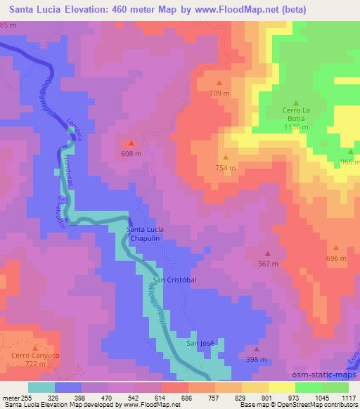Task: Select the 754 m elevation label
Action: tap(226, 168)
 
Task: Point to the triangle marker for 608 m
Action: tap(131, 143)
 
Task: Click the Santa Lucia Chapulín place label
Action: tap(146, 234)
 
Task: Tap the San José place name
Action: tap(200, 343)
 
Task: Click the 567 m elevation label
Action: tap(268, 264)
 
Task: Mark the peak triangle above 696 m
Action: tap(336, 248)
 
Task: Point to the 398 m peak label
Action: tap(256, 359)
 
